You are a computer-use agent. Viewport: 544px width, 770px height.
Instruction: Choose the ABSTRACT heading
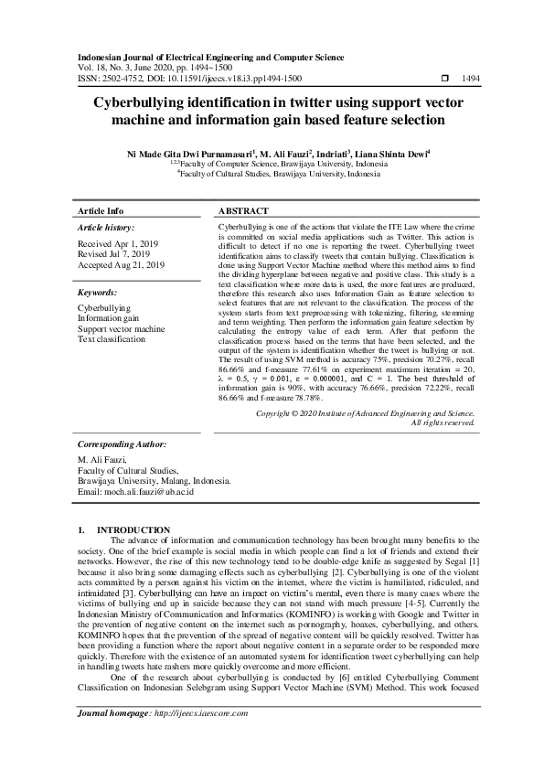pos(243,210)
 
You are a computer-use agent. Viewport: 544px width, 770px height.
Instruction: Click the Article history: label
pos(105,227)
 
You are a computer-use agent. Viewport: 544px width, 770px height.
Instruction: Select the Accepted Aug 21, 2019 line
pos(121,265)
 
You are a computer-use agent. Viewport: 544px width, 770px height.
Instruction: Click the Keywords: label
pos(97,293)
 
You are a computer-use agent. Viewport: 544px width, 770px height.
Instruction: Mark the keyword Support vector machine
pos(121,329)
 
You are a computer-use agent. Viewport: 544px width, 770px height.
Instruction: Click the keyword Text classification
pos(112,339)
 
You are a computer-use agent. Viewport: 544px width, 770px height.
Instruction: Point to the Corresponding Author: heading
pos(121,444)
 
